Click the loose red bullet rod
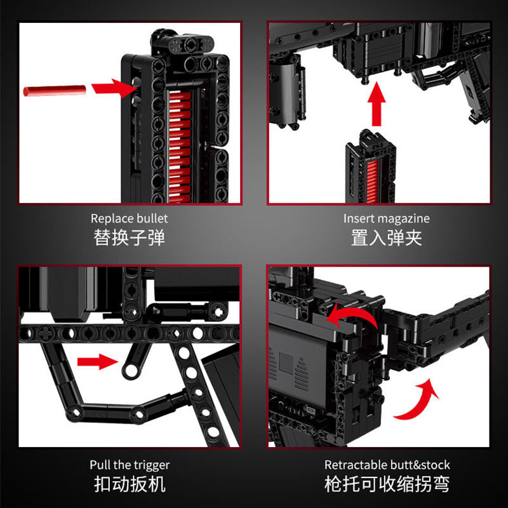pos(53,90)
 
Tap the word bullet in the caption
pos(151,218)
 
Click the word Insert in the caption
pos(358,218)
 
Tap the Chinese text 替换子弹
pos(130,238)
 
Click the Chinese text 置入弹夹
pos(387,238)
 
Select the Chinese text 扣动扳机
pos(130,485)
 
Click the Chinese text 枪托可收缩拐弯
pos(387,485)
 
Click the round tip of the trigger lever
pos(130,371)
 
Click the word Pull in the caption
pos(100,465)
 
